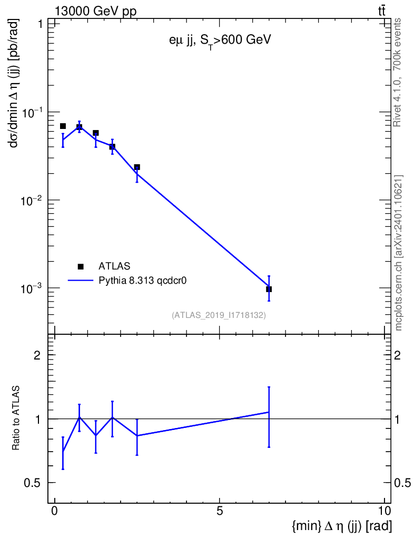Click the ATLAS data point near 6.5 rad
tap(269, 289)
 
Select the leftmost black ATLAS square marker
tap(63, 126)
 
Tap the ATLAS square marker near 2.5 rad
tap(137, 167)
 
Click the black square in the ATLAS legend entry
tap(81, 266)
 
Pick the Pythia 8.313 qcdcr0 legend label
tap(143, 281)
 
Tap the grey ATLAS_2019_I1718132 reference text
tap(219, 315)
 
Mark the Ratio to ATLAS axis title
tap(17, 418)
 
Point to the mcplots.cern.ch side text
tap(399, 253)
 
